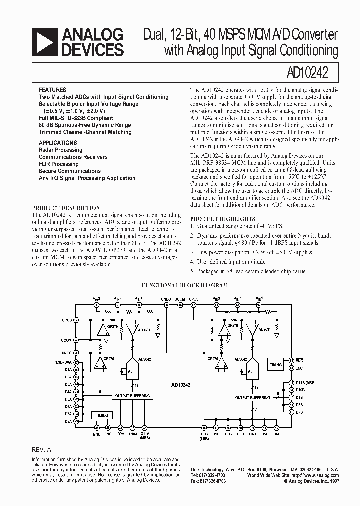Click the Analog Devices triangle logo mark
click(45, 42)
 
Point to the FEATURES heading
click(52, 90)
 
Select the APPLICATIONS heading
click(58, 143)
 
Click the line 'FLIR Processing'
click(59, 164)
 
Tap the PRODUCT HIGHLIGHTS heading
click(223, 219)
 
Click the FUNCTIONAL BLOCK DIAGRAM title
click(185, 285)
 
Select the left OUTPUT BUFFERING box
click(129, 395)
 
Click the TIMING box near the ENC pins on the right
click(275, 365)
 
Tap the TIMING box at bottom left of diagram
click(102, 415)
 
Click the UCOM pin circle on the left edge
click(76, 340)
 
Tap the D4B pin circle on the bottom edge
click(252, 428)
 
